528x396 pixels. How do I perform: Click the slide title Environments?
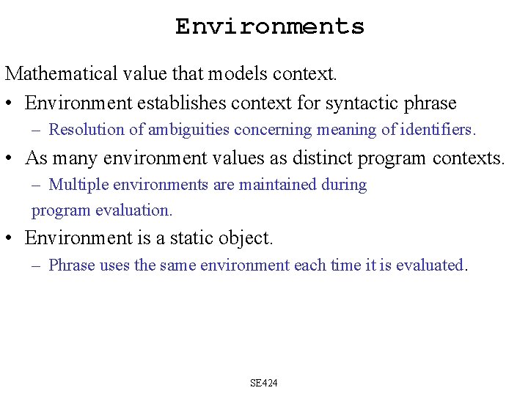click(269, 26)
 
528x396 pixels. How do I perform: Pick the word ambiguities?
click(188, 130)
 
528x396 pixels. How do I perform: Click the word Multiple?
click(77, 185)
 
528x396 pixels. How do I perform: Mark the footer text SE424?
click(264, 383)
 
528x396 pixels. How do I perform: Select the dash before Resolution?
click(37, 130)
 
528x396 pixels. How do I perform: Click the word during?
click(344, 185)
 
